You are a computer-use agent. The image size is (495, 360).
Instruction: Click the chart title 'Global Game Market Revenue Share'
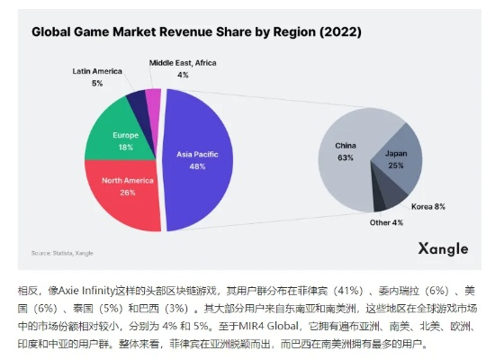196,32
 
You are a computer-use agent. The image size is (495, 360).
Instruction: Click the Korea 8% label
428,206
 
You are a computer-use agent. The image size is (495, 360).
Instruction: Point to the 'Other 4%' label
385,221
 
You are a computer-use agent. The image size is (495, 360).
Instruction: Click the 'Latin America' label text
97,70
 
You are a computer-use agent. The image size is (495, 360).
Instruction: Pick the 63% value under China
346,157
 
